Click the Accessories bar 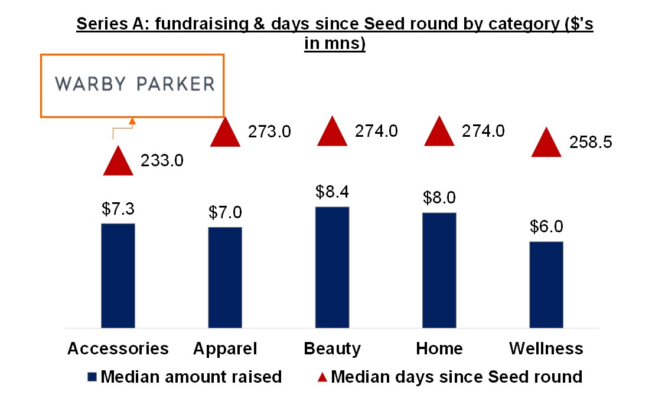pos(118,275)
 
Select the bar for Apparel pos(225,277)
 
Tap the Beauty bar pos(332,267)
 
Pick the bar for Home pos(439,270)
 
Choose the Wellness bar pos(546,284)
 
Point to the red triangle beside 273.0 pos(225,133)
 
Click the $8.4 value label pos(332,192)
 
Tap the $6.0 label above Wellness pos(546,227)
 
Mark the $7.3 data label pos(118,209)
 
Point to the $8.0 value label pos(439,198)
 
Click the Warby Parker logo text pos(135,84)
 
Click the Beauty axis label pos(332,348)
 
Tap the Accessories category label pos(118,348)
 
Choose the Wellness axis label pos(546,348)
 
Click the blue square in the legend pos(92,377)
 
